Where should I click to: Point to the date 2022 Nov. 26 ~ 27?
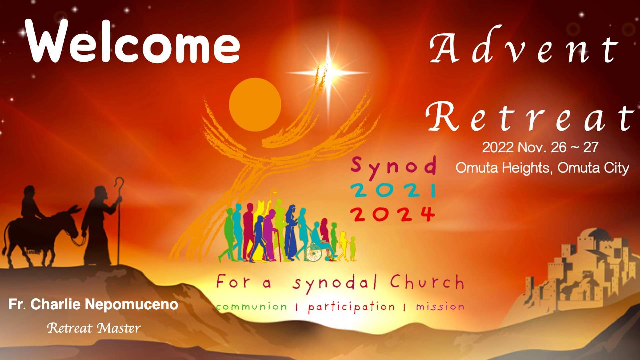tap(540, 147)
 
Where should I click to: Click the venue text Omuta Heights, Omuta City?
tap(542, 168)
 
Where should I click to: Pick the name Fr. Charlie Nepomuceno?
tap(93, 305)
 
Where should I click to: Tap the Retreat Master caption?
tap(94, 328)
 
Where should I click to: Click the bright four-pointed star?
tap(328, 72)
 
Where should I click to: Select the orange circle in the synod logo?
tap(255, 102)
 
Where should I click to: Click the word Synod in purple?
tap(394, 166)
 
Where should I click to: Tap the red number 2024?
tap(394, 214)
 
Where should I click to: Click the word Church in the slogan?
tap(427, 283)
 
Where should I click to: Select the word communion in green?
tap(251, 306)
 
